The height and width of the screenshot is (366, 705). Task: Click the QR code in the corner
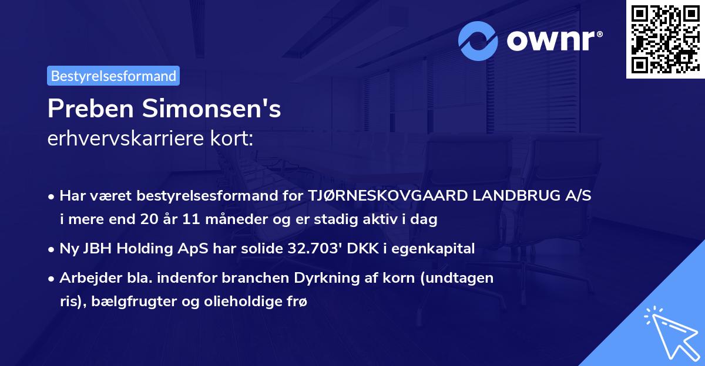[665, 39]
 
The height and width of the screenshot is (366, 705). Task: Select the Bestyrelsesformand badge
[113, 76]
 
